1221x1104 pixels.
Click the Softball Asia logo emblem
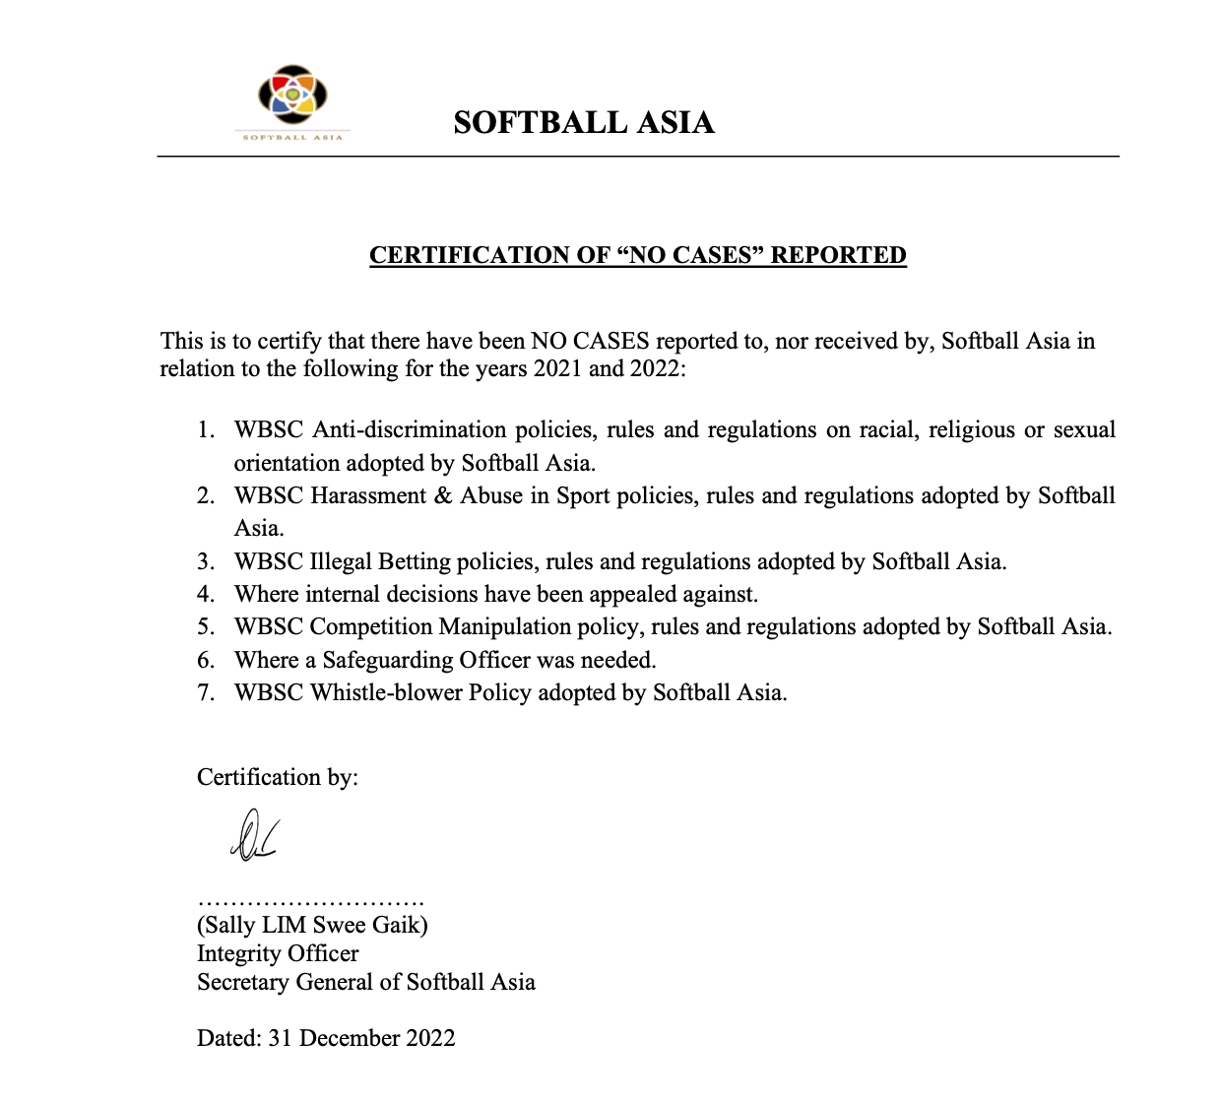[x=292, y=96]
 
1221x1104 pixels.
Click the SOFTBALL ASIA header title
[x=584, y=122]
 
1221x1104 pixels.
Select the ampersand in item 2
[x=442, y=495]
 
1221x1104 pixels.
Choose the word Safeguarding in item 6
[x=388, y=660]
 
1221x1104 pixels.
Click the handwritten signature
[x=253, y=835]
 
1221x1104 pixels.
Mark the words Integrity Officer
[x=278, y=953]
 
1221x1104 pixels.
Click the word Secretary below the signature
[x=242, y=982]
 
